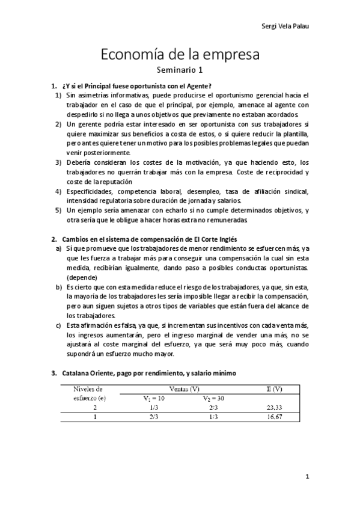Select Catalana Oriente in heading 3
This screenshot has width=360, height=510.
click(88, 373)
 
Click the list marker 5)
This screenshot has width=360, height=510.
click(58, 210)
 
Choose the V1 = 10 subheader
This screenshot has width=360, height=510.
click(154, 398)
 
